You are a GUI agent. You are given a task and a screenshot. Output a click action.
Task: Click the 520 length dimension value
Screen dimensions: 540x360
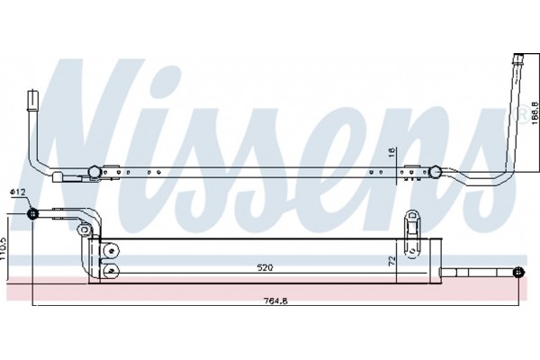pos(265,267)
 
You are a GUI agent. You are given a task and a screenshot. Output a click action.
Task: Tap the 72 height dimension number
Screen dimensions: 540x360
pos(391,261)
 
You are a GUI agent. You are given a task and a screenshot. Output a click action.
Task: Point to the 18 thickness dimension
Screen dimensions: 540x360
pos(391,153)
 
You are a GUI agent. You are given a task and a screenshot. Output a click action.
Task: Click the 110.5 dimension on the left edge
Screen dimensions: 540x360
pos(3,247)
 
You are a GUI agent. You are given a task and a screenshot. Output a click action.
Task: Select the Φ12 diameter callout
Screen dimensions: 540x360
pos(18,192)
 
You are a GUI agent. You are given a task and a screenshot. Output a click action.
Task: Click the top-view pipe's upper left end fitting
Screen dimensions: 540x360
pos(33,100)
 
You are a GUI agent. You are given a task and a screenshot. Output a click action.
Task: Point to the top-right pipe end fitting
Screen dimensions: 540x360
pos(519,61)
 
